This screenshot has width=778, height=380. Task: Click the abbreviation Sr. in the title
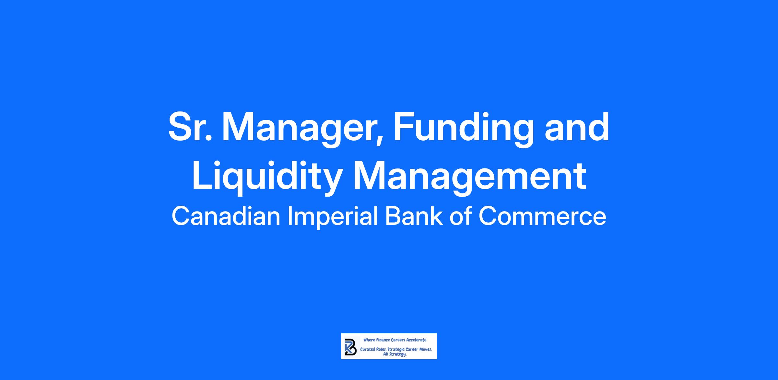pyautogui.click(x=190, y=127)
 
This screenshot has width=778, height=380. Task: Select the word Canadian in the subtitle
pyautogui.click(x=226, y=216)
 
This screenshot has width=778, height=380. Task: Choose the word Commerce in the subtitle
pyautogui.click(x=542, y=216)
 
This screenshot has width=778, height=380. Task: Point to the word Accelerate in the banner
pyautogui.click(x=417, y=340)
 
